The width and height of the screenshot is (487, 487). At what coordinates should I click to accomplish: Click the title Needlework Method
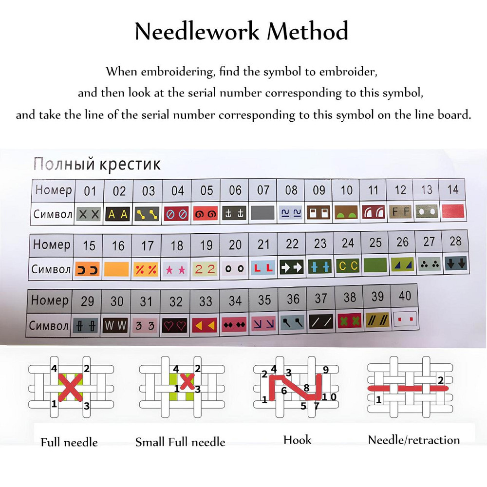pyautogui.click(x=242, y=32)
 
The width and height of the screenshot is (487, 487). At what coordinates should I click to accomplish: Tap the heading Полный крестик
pyautogui.click(x=96, y=164)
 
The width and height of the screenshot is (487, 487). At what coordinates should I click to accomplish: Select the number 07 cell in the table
pyautogui.click(x=263, y=190)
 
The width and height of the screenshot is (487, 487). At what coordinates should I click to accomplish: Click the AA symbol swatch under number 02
pyautogui.click(x=118, y=214)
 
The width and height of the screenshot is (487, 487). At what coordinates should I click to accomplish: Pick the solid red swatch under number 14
pyautogui.click(x=452, y=211)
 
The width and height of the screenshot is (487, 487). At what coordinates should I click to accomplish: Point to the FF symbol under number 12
pyautogui.click(x=400, y=212)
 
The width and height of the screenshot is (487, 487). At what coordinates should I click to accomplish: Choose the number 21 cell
pyautogui.click(x=263, y=244)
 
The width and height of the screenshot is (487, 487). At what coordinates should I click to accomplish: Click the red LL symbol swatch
pyautogui.click(x=263, y=267)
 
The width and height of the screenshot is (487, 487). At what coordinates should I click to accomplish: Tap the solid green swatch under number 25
pyautogui.click(x=375, y=265)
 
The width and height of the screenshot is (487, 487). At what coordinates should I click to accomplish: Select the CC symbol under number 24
pyautogui.click(x=348, y=266)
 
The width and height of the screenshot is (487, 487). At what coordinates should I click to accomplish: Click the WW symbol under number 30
pyautogui.click(x=116, y=325)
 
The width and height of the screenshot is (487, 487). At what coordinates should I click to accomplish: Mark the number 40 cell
pyautogui.click(x=404, y=296)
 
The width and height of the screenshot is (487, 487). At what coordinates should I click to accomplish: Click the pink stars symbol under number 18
pyautogui.click(x=175, y=268)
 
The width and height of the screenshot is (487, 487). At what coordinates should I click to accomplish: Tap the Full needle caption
pyautogui.click(x=69, y=442)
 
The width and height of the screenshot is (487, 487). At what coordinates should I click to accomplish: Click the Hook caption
pyautogui.click(x=297, y=440)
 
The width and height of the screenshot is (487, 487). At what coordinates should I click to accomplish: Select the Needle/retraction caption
pyautogui.click(x=413, y=440)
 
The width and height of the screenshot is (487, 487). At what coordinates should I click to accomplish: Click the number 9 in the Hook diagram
pyautogui.click(x=326, y=369)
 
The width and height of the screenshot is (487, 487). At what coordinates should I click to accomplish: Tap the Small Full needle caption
pyautogui.click(x=180, y=442)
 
